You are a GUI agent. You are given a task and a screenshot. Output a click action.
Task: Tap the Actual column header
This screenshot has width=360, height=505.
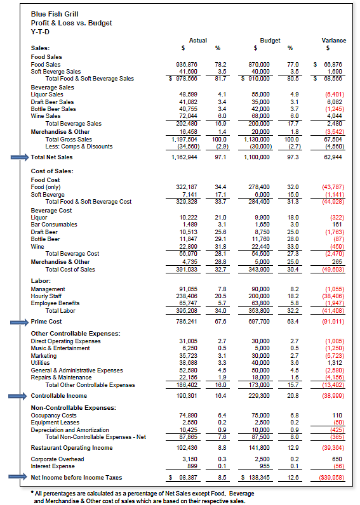click(198, 41)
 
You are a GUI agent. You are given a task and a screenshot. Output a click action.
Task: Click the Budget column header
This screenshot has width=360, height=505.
click(270, 41)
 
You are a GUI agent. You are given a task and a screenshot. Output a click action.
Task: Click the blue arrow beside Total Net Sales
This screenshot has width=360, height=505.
click(17, 157)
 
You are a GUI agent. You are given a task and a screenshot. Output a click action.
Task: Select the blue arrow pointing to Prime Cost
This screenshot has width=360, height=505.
click(17, 322)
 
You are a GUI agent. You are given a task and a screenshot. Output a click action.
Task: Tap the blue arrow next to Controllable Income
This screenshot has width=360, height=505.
click(17, 396)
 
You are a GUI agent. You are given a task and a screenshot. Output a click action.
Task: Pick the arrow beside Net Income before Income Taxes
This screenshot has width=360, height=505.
click(17, 477)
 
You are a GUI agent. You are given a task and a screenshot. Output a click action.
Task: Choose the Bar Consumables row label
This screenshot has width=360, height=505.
click(54, 224)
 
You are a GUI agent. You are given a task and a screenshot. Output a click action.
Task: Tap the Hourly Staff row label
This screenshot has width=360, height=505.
click(48, 296)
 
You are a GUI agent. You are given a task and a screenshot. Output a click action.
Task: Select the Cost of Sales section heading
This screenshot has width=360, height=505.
click(52, 171)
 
